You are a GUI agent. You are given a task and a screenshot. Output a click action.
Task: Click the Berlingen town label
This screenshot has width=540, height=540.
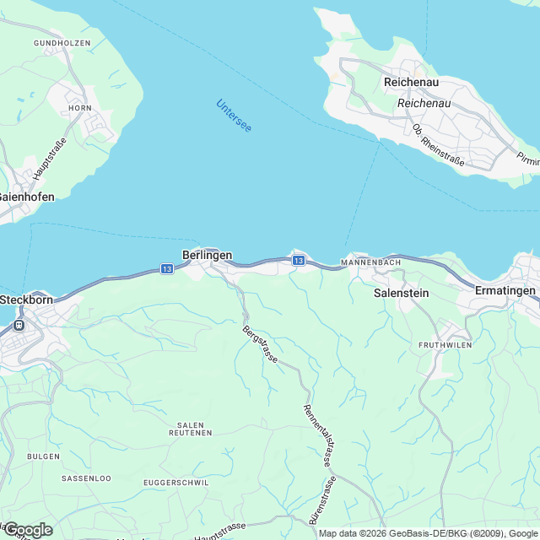[x=207, y=254]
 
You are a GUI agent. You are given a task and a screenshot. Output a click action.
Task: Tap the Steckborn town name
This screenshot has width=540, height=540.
[x=28, y=300]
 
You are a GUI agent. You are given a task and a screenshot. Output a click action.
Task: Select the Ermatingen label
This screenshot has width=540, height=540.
[x=505, y=290]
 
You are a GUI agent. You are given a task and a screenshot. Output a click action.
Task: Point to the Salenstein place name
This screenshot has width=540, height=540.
[x=402, y=294]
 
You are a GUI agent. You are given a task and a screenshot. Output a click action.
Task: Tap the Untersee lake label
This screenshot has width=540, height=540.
[x=234, y=115]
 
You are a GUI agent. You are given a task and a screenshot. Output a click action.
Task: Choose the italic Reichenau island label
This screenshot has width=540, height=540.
[x=424, y=103]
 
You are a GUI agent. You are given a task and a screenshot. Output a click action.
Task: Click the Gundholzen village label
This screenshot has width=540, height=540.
[x=61, y=42]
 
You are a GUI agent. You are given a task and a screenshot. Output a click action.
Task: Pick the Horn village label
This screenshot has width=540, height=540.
[x=81, y=108]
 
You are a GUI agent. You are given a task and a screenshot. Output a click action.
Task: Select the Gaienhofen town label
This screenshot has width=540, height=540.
[x=26, y=197]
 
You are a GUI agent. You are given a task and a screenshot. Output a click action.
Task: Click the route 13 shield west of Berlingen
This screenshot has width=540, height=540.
[x=165, y=269]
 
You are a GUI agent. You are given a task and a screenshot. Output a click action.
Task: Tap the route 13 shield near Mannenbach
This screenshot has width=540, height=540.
[x=299, y=262]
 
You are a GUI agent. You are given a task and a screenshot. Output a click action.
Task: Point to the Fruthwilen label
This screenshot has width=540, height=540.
[x=445, y=346]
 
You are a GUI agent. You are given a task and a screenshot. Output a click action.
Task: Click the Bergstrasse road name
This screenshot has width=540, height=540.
[x=260, y=344]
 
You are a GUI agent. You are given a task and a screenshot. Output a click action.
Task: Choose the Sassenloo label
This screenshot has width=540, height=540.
[x=86, y=478]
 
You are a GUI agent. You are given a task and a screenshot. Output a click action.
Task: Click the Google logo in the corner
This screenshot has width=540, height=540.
[x=28, y=529]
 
